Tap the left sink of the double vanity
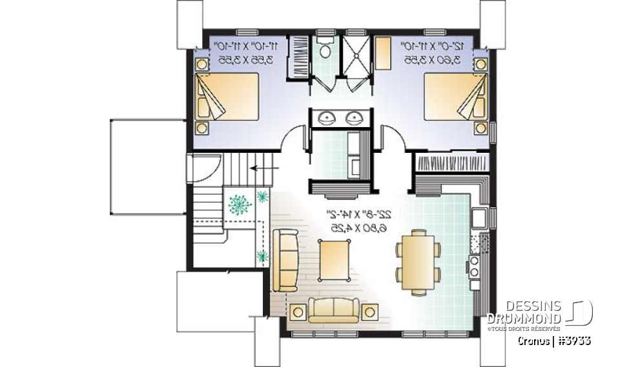pyautogui.click(x=325, y=117)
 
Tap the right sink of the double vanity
pyautogui.click(x=353, y=117)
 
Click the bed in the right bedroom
pyautogui.click(x=455, y=97)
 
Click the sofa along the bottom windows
pyautogui.click(x=334, y=309)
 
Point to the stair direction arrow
pyautogui.click(x=262, y=168)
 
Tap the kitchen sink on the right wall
pyautogui.click(x=479, y=219)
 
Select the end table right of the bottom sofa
pyautogui.click(x=370, y=312)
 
